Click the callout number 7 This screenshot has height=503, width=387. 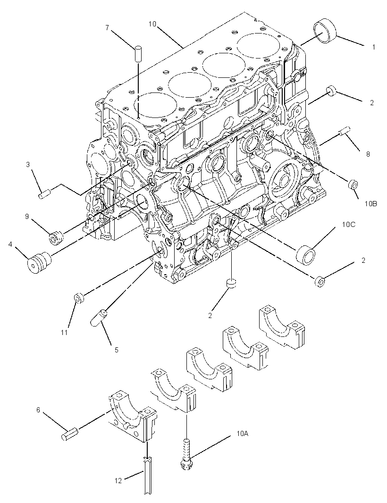108,27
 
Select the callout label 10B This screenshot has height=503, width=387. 370,203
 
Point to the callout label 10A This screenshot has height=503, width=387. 242,433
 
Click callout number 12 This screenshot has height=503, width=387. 118,481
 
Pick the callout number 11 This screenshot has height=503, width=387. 65,333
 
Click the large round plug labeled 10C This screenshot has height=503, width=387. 306,255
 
